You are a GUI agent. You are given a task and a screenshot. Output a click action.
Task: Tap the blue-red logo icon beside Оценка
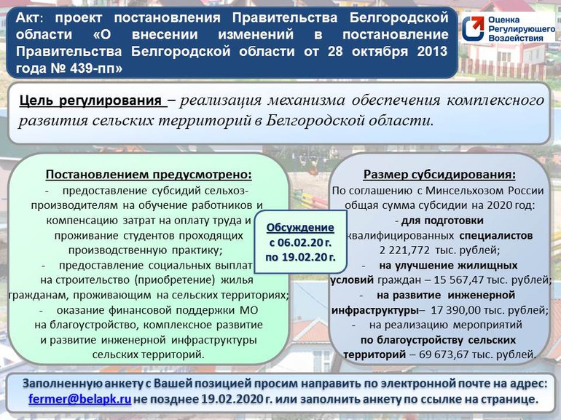[x=473, y=28]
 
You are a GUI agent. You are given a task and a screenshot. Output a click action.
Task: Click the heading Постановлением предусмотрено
[x=149, y=175]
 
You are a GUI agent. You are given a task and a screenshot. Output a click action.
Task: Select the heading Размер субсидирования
[x=439, y=175]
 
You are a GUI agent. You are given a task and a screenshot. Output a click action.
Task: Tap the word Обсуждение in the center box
[x=300, y=228]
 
